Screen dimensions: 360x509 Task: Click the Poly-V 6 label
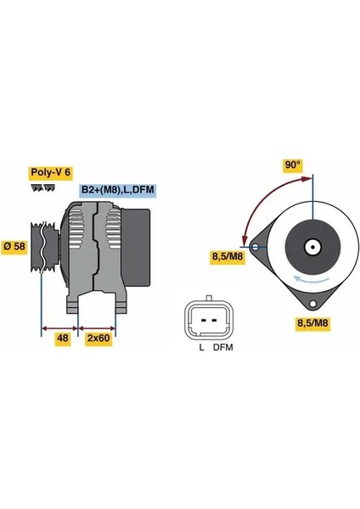[51, 172]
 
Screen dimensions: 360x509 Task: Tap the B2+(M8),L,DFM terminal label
[118, 189]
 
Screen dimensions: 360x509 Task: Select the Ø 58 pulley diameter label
[14, 246]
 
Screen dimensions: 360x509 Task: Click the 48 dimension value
[62, 338]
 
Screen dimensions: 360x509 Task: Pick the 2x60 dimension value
[98, 338]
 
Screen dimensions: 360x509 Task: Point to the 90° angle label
[293, 165]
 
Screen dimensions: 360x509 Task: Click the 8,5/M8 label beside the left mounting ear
[228, 256]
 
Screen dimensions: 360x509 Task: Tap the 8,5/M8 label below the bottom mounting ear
[313, 323]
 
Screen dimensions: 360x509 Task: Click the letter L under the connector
[202, 348]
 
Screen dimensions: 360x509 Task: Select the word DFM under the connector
[223, 348]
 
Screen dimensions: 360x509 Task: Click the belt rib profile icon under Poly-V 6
[43, 187]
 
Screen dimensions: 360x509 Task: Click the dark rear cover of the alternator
[136, 248]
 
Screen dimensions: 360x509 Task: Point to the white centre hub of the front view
[312, 248]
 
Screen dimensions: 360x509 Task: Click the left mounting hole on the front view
[256, 248]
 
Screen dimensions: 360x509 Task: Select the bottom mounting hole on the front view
[312, 305]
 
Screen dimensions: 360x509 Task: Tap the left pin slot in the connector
[204, 321]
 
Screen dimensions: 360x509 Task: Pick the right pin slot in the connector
[214, 321]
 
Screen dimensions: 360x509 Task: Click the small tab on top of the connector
[209, 298]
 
